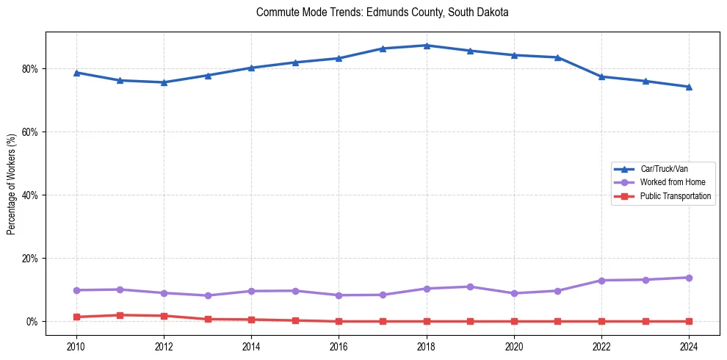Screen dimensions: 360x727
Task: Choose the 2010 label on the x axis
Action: pyautogui.click(x=76, y=346)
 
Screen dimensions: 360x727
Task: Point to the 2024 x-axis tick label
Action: pyautogui.click(x=689, y=346)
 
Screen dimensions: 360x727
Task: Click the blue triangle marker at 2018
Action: pyautogui.click(x=427, y=46)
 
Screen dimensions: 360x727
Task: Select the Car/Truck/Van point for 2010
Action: pyautogui.click(x=76, y=73)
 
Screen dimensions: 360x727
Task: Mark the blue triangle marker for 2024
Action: pyautogui.click(x=689, y=87)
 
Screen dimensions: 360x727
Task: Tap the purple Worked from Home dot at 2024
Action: pyautogui.click(x=689, y=278)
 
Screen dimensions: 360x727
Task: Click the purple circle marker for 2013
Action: pyautogui.click(x=208, y=295)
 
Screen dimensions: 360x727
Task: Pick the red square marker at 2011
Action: pyautogui.click(x=120, y=315)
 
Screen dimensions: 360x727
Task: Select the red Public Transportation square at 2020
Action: pyautogui.click(x=514, y=321)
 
